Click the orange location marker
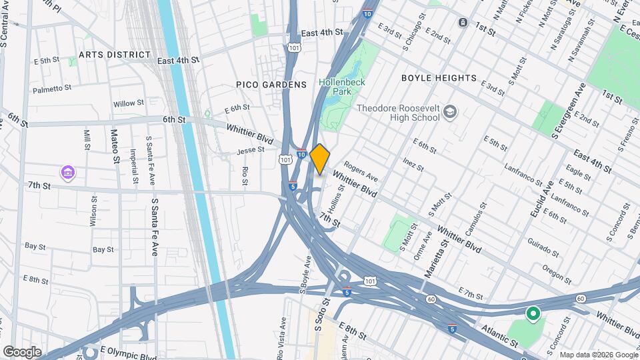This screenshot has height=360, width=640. click(320, 159)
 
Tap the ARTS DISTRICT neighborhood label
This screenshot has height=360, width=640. click(114, 55)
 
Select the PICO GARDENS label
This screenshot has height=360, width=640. click(271, 85)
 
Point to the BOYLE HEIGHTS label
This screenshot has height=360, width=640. click(439, 78)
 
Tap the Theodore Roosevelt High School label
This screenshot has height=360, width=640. click(399, 113)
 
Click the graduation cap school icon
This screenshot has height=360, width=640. click(451, 111)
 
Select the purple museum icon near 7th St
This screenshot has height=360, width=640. click(67, 173)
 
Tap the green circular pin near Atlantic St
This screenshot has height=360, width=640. click(533, 313)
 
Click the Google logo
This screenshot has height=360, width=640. click(22, 351)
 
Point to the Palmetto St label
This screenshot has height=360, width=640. click(52, 88)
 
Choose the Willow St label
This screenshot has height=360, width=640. click(128, 103)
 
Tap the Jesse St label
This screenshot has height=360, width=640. click(251, 151)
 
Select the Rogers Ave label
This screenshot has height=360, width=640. click(361, 174)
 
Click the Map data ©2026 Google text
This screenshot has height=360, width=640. click(597, 355)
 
